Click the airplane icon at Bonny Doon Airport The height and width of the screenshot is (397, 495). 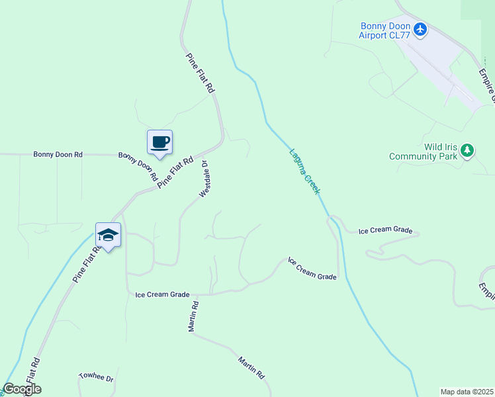click(420, 29)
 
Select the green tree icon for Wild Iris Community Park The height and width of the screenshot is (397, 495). click(467, 150)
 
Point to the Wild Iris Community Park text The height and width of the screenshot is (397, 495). click(424, 152)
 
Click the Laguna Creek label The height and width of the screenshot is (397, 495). click(305, 171)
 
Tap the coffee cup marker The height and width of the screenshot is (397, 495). click(159, 142)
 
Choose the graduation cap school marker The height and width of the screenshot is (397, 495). click(109, 235)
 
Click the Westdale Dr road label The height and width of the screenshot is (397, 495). click(204, 179)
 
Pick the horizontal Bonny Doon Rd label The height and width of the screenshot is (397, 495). click(58, 154)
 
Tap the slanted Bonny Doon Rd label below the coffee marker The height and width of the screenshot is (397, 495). click(138, 166)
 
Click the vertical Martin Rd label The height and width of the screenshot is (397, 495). click(193, 317)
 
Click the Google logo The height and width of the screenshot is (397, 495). click(22, 389)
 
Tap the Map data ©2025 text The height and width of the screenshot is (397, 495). click(467, 392)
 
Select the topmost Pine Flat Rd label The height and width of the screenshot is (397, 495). click(201, 73)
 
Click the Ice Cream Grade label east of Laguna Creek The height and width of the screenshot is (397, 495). click(385, 231)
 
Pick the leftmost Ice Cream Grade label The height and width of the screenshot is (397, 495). click(162, 294)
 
